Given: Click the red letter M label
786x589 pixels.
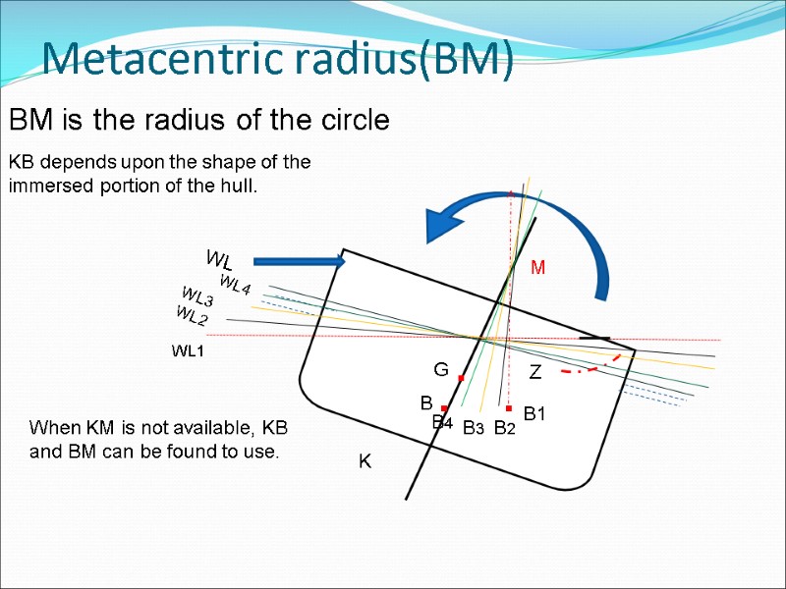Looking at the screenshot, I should coord(537,267).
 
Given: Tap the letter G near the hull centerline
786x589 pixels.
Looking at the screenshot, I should coord(441,370).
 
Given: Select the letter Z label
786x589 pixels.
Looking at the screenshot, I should coord(535,373).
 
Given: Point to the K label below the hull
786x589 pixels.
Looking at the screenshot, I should coord(365,461).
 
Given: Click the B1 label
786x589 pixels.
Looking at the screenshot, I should coord(534,415).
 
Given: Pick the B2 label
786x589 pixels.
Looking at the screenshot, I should coord(504,428).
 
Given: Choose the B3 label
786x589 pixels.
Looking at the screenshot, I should coord(474,428).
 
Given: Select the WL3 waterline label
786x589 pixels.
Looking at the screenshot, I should coord(197,297).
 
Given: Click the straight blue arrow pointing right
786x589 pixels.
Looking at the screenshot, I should coord(300,261).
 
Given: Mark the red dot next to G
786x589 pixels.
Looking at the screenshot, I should coord(461,378).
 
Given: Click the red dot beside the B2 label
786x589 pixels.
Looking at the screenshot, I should coord(509,408).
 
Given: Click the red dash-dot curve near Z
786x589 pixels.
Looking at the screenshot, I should coord(589,369).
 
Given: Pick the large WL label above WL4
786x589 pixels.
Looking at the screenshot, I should coord(218,260).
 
